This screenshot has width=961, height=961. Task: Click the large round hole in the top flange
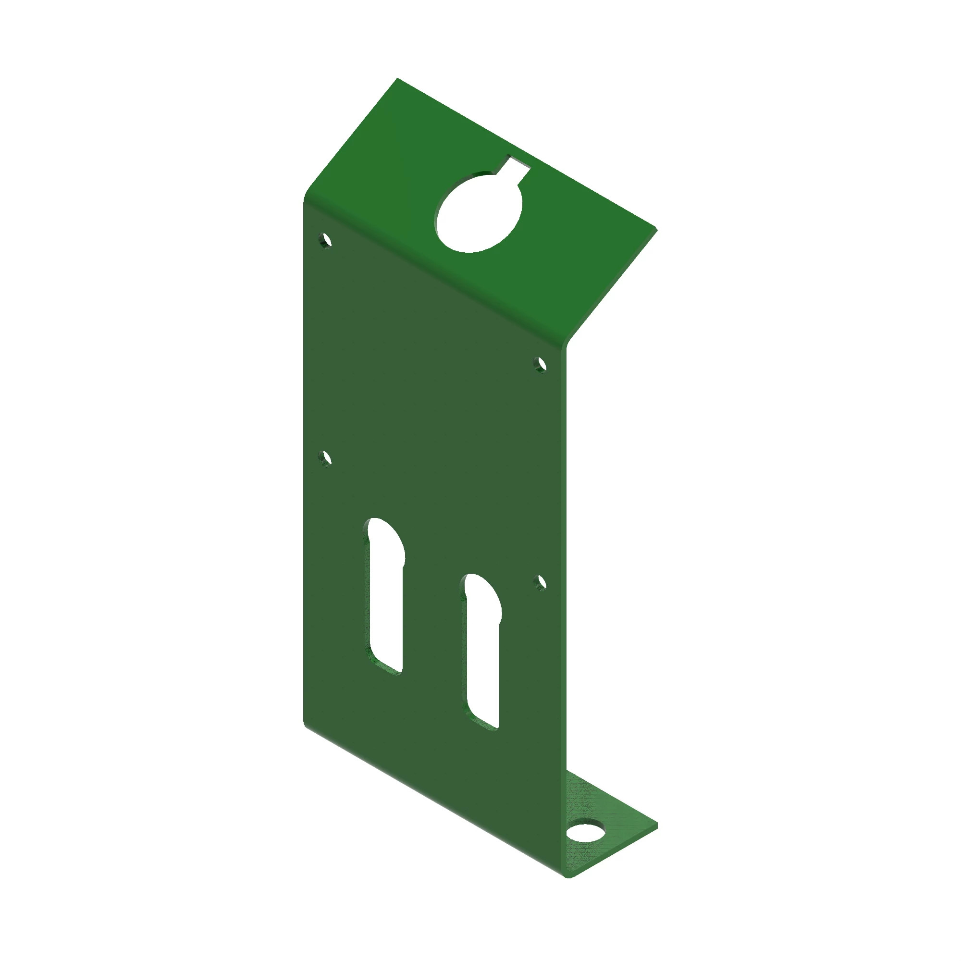479,212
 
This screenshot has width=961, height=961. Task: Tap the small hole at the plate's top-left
326,241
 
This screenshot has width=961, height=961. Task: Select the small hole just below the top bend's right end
540,365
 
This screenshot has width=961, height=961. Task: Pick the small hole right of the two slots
540,582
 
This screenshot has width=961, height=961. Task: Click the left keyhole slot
386,597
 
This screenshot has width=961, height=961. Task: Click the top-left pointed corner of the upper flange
397,79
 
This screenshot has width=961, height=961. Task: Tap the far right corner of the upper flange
656,229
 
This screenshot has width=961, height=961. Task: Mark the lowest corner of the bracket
570,876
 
